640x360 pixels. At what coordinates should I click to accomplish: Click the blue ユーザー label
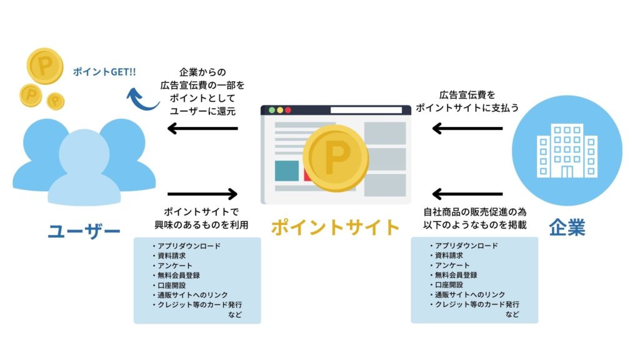pos(84,232)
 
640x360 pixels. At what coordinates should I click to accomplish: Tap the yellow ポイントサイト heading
pos(335,227)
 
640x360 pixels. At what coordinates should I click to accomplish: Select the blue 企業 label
pos(567,227)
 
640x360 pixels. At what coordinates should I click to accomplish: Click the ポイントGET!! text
pos(104,72)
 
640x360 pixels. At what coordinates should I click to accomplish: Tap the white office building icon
pos(567,150)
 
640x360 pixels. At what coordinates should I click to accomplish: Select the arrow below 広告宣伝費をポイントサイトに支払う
pos(467,129)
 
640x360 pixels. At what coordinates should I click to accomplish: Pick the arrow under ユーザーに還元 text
pos(203,129)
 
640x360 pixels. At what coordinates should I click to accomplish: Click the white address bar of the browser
pos(366,111)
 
